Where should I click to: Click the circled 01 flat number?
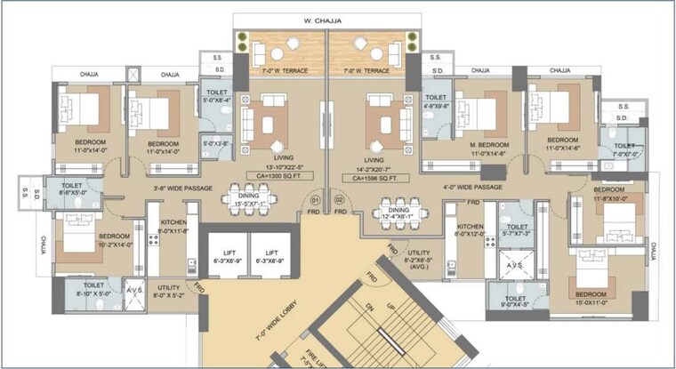pyautogui.click(x=315, y=200)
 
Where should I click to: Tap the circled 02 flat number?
pyautogui.click(x=339, y=200)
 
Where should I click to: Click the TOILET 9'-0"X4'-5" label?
pyautogui.click(x=515, y=303)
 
